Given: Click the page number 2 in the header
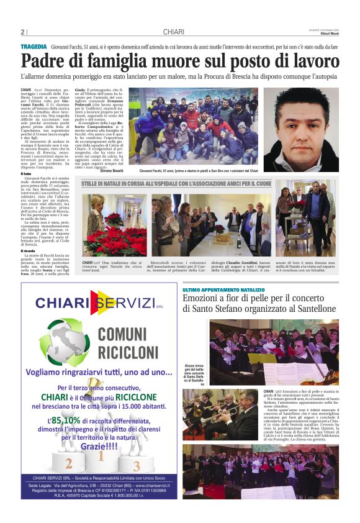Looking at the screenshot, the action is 23,32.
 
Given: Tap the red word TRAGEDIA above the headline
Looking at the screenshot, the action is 34,47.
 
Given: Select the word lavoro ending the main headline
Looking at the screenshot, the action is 314,62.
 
